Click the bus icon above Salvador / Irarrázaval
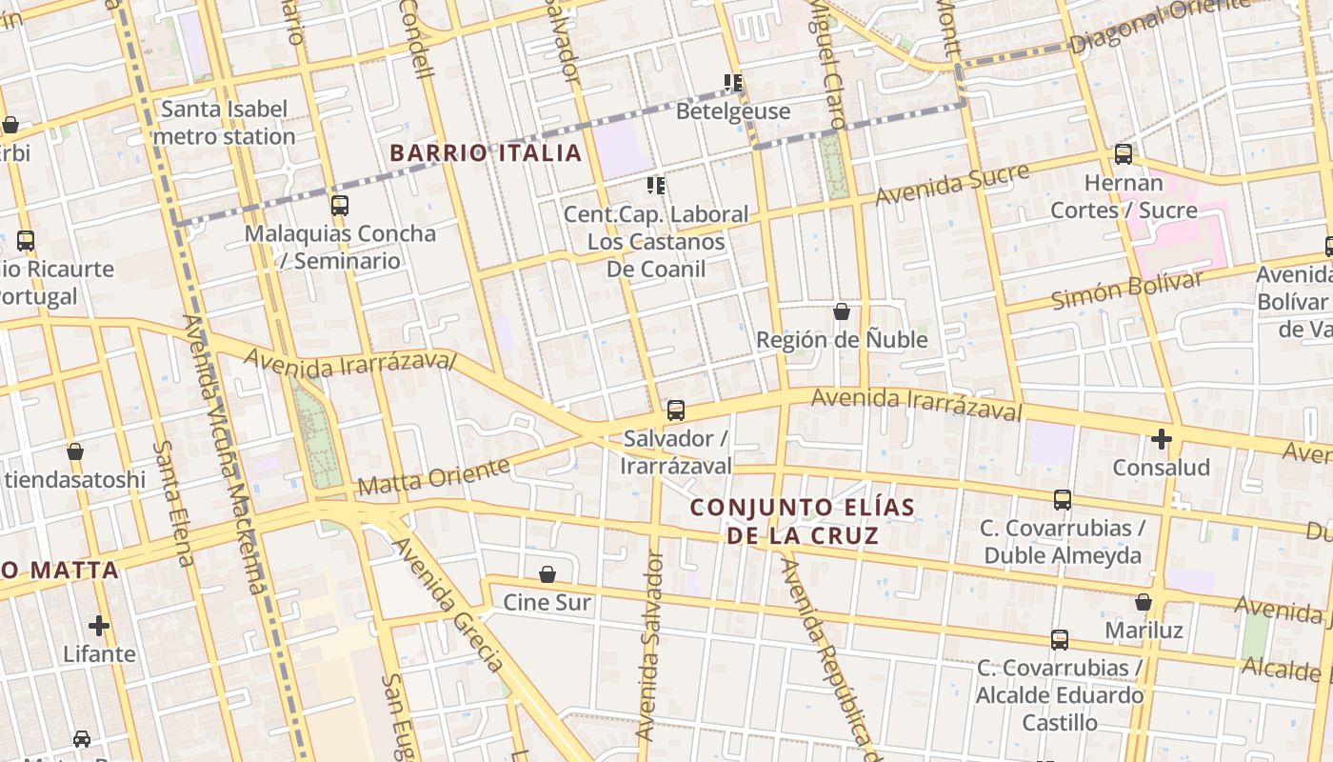pos(675,411)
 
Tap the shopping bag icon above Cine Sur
pos(547,574)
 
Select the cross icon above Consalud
pos(1161,439)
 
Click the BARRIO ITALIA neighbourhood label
pos(486,152)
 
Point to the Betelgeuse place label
pos(733,111)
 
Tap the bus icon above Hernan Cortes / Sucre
pos(1124,154)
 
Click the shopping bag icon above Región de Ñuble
pos(841,311)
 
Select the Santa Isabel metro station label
pos(224,123)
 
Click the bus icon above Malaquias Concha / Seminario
pos(340,205)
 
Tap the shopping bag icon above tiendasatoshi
pos(75,451)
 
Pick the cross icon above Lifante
pos(99,626)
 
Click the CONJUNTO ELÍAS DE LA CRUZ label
pos(803,521)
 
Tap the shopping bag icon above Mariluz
pos(1144,602)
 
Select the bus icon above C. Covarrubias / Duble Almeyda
pos(1063,500)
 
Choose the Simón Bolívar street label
pos(1127,290)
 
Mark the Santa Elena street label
pos(174,502)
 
